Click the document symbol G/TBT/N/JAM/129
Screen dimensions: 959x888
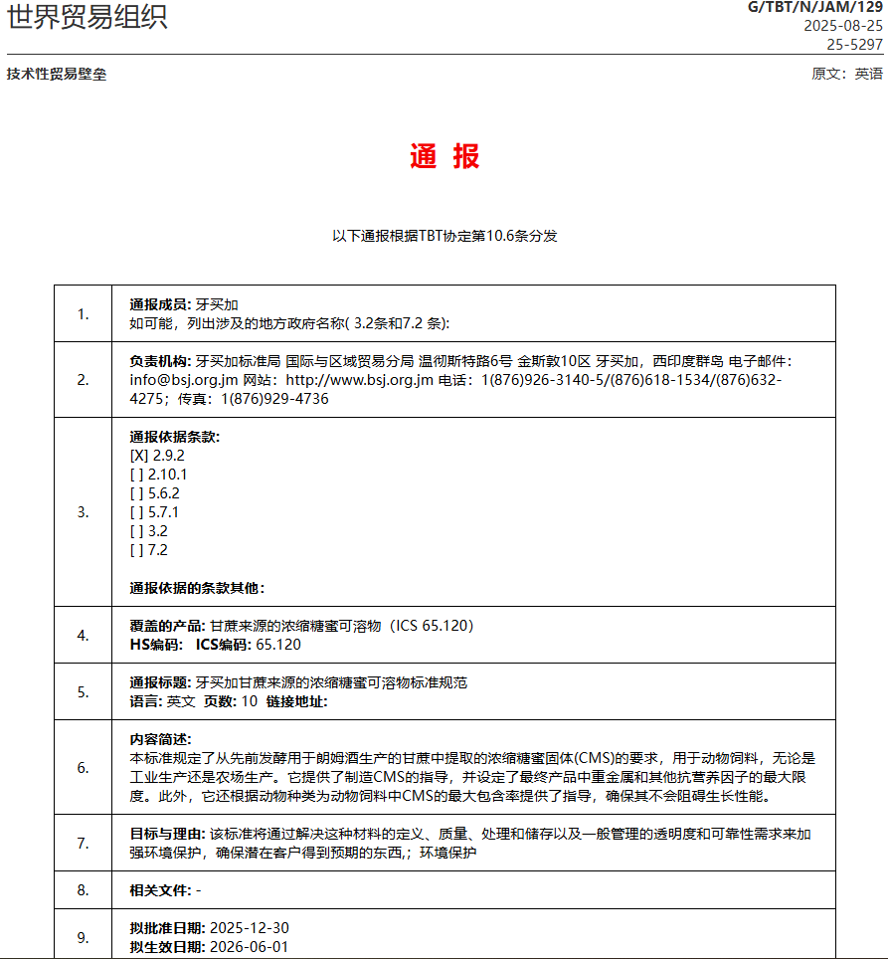[814, 8]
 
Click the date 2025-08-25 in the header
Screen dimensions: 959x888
[843, 26]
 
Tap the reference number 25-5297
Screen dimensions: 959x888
[855, 44]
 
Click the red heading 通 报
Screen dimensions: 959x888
[444, 156]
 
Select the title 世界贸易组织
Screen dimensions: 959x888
[88, 17]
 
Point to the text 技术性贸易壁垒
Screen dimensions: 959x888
[57, 74]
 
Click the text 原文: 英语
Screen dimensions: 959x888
[846, 74]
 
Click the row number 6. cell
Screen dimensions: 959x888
[83, 767]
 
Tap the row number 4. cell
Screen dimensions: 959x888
[83, 635]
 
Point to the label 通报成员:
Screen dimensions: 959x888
[160, 304]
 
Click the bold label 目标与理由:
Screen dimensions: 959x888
[168, 834]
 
